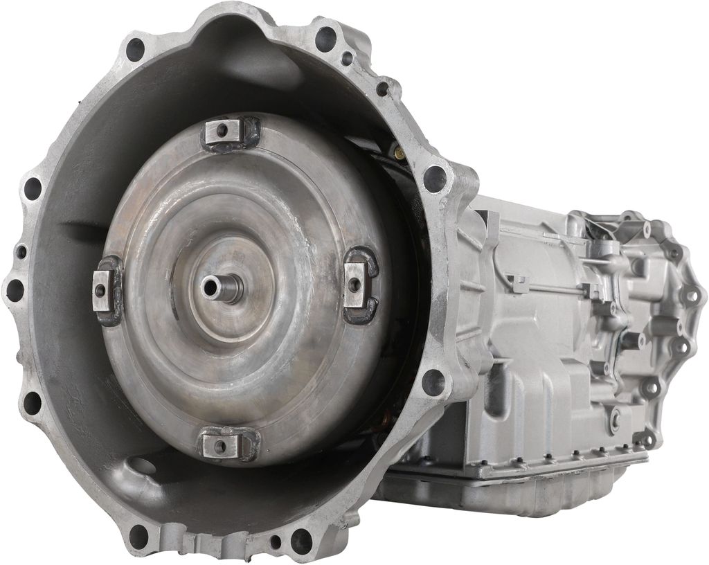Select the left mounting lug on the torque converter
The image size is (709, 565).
pyautogui.click(x=105, y=290)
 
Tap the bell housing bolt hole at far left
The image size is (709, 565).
pyautogui.click(x=15, y=290)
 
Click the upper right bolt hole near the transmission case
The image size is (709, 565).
pyautogui.click(x=435, y=179)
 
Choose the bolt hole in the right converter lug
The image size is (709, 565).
pyautogui.click(x=354, y=283)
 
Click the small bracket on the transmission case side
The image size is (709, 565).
pyautogui.click(x=518, y=283)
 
